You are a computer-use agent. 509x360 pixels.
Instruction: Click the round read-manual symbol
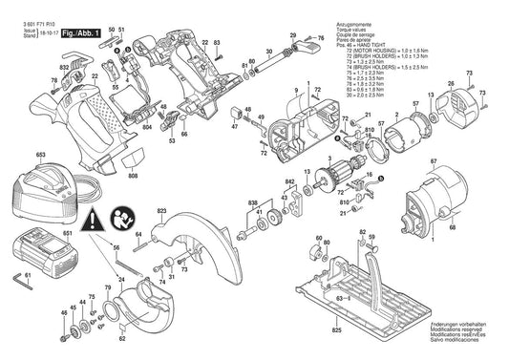(x=122, y=217)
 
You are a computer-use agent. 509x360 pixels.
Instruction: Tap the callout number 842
(x=289, y=180)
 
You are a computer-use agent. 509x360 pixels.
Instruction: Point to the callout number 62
(x=121, y=337)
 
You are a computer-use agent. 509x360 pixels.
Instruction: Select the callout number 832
(x=63, y=68)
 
